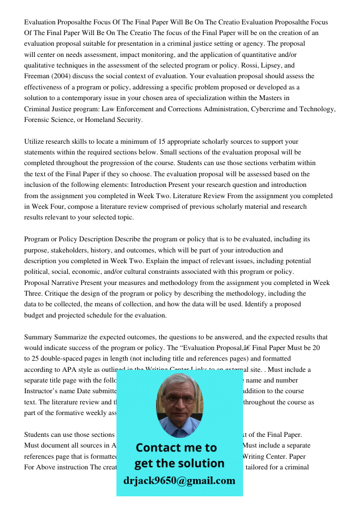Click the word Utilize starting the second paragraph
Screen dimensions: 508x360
tap(36, 142)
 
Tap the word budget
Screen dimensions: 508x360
tap(35, 315)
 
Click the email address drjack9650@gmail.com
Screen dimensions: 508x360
tap(179, 481)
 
